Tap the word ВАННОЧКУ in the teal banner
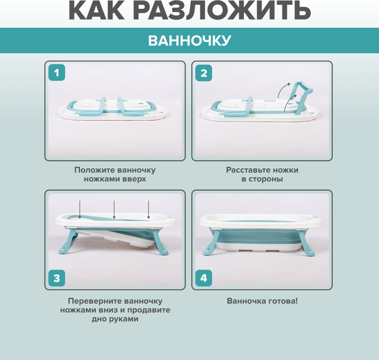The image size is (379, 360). (x=189, y=40)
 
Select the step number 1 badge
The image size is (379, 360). (x=57, y=73)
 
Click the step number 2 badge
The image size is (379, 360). (x=204, y=73)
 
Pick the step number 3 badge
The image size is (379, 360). (x=57, y=278)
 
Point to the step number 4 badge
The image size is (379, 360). (x=204, y=278)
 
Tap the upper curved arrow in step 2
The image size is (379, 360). (x=283, y=90)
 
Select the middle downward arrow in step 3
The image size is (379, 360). (x=114, y=210)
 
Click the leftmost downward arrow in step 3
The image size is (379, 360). (x=80, y=210)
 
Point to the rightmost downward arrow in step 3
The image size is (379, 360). (x=148, y=210)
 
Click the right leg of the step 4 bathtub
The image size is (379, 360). (x=306, y=243)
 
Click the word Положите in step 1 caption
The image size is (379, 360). (x=93, y=171)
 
